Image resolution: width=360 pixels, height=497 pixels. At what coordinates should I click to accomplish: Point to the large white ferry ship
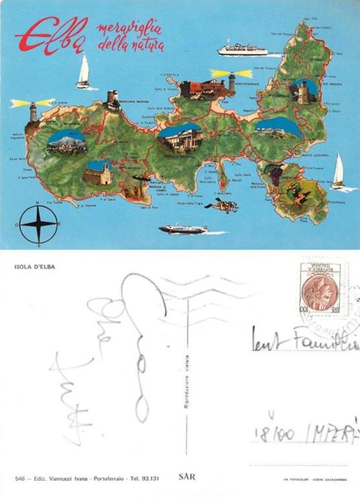[242, 48]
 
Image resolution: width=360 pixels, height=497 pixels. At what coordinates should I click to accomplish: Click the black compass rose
[38, 224]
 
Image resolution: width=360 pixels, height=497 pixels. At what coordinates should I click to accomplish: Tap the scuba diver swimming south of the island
[223, 206]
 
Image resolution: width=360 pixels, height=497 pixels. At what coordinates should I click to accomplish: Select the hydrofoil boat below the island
[183, 229]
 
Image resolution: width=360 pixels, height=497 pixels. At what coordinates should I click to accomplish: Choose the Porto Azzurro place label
[315, 155]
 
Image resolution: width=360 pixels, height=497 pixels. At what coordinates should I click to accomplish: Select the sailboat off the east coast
[338, 172]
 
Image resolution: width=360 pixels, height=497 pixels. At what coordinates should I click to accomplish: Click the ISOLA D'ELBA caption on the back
[35, 267]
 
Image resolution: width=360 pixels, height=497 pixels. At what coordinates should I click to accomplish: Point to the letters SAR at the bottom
[187, 476]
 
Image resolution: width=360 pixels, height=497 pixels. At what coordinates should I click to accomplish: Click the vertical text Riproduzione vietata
[187, 381]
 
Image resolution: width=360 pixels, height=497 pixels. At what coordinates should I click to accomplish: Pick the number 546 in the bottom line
[19, 478]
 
